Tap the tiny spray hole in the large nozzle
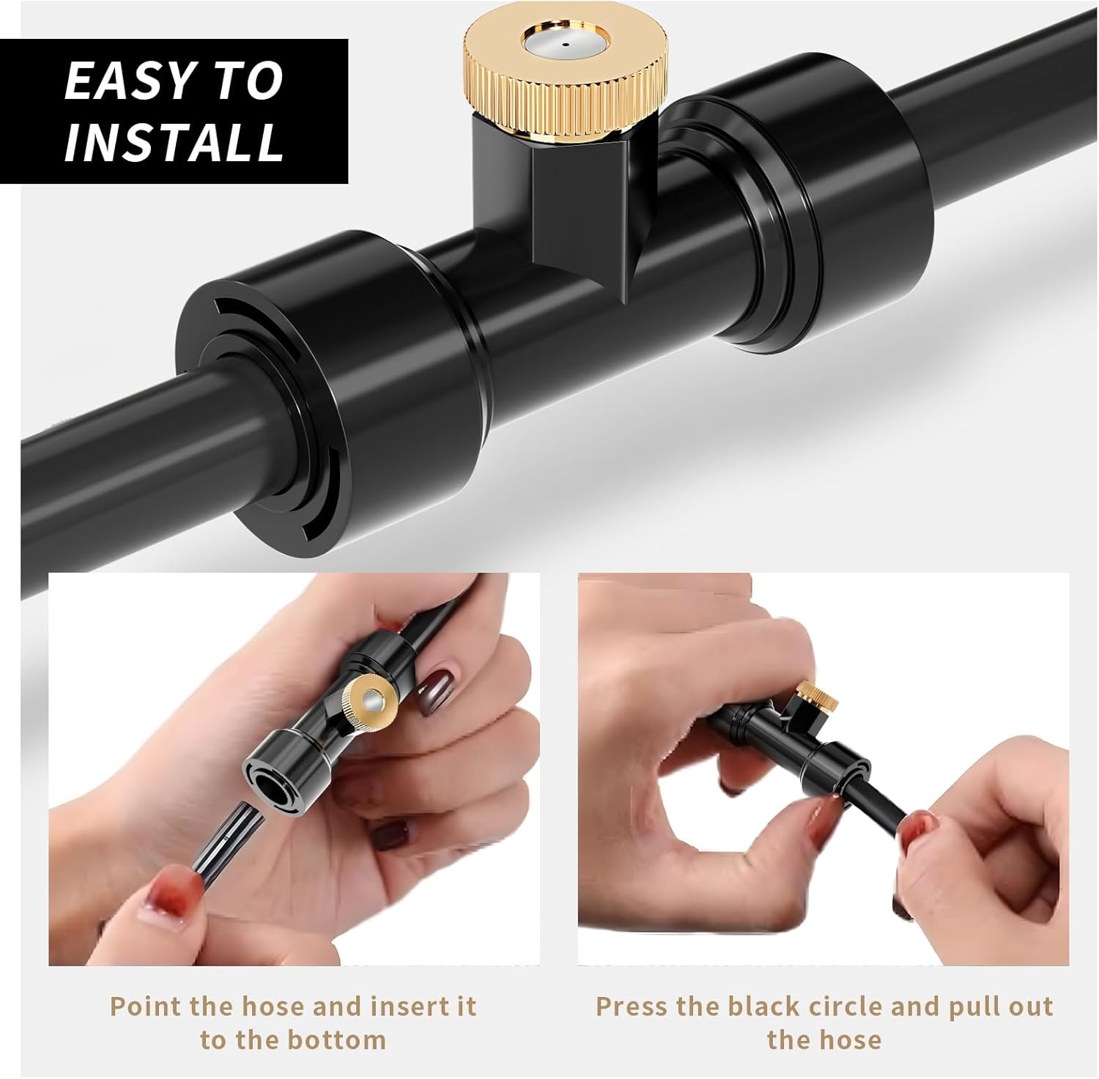click(x=565, y=44)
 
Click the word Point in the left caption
click(x=146, y=1006)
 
